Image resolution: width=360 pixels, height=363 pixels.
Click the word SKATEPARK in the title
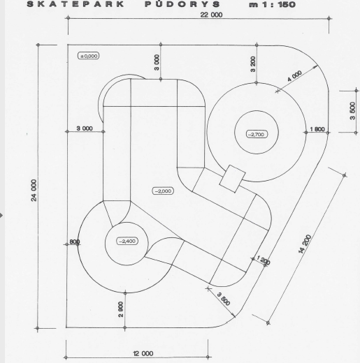click(75, 4)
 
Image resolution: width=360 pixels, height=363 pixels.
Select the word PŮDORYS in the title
click(182, 4)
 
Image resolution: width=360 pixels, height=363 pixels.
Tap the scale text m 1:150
click(273, 4)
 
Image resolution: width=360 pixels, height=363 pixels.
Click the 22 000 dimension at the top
click(211, 15)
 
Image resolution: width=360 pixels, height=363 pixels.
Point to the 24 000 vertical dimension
click(34, 190)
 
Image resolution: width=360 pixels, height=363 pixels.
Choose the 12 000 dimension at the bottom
click(143, 354)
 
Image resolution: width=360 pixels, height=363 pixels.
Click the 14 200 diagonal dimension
click(305, 244)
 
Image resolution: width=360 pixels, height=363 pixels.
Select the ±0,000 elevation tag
click(89, 56)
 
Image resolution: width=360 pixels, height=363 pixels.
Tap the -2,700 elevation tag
click(257, 134)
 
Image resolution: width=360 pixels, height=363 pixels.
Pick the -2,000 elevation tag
click(164, 191)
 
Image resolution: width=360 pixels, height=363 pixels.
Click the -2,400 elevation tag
click(127, 241)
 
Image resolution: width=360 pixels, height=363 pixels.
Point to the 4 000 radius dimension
click(294, 76)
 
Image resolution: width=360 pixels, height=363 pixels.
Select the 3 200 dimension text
click(253, 64)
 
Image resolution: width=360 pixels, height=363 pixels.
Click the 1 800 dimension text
click(317, 129)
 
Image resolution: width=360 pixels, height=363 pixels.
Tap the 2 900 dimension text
click(121, 309)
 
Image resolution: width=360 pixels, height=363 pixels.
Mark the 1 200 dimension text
click(264, 260)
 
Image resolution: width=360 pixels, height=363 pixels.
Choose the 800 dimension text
click(75, 242)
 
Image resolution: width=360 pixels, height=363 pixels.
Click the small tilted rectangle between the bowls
click(232, 179)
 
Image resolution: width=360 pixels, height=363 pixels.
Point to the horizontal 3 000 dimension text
click(85, 128)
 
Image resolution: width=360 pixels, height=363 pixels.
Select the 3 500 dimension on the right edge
click(352, 111)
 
